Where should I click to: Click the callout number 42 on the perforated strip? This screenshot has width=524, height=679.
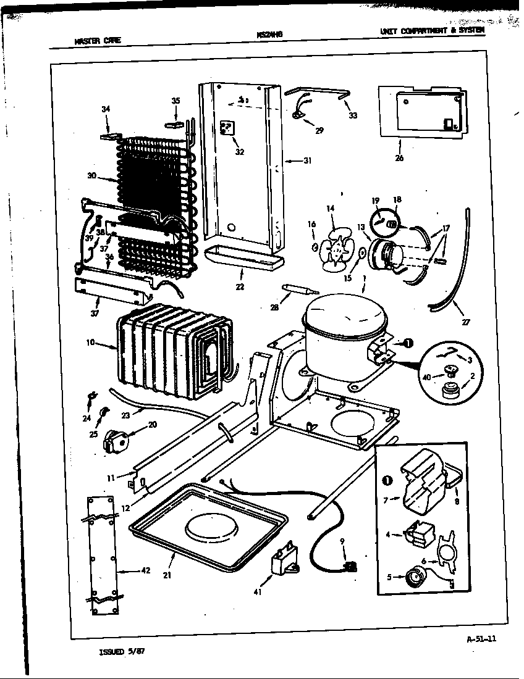(x=146, y=570)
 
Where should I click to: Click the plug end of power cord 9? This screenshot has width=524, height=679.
(x=352, y=564)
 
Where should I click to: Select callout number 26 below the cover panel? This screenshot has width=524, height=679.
(x=399, y=158)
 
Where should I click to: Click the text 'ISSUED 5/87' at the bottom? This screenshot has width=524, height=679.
(x=122, y=651)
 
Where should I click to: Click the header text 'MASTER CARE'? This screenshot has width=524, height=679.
(x=97, y=41)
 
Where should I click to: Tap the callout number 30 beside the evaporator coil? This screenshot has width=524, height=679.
(x=91, y=175)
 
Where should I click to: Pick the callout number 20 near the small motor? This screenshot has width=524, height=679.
(x=152, y=425)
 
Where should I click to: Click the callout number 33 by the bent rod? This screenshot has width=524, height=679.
(x=352, y=115)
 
